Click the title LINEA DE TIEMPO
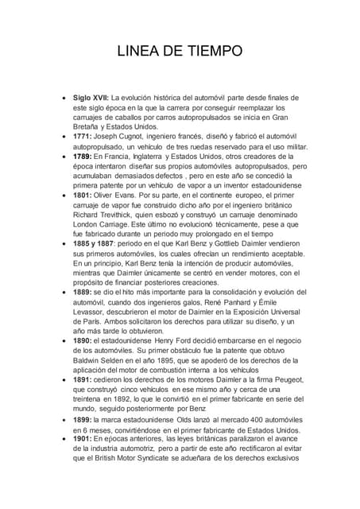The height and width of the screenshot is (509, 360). click(x=180, y=52)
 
